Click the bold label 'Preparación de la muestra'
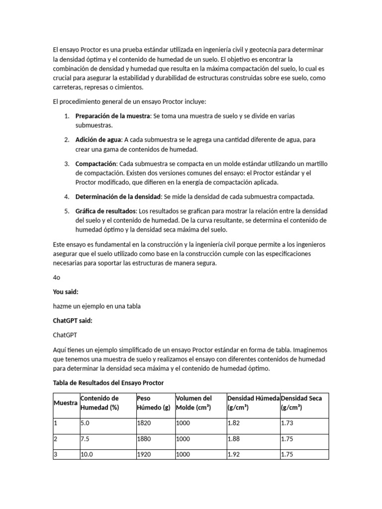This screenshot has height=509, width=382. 112,116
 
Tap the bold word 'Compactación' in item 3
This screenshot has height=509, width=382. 95,164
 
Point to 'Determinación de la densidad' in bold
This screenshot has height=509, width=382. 117,196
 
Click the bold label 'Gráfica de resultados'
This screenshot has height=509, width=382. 105,211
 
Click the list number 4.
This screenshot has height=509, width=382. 66,196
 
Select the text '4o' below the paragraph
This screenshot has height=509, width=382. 57,278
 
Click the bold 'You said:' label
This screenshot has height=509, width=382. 66,292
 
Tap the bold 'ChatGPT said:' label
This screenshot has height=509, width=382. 73,321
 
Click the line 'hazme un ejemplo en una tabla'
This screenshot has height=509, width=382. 96,306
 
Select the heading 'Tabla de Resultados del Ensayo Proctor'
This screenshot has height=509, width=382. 108,383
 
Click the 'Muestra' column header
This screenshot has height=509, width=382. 65,403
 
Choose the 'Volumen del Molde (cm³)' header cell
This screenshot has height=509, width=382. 194,403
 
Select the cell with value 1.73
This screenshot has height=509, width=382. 287,423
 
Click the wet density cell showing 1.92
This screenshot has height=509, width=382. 233,454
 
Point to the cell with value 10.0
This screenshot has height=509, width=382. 87,454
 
